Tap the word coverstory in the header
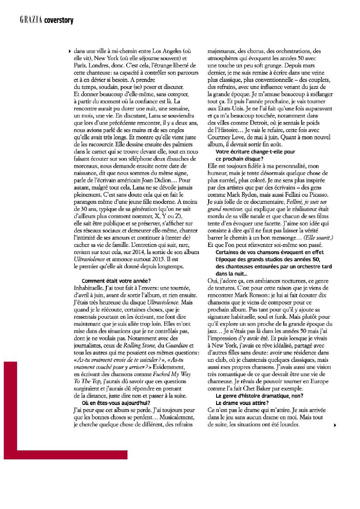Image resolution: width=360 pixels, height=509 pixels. tap(58, 20)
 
